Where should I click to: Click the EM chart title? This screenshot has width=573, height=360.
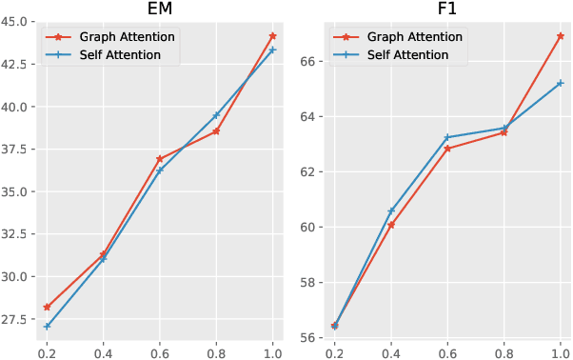click(x=159, y=10)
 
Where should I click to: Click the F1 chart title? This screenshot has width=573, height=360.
click(x=447, y=10)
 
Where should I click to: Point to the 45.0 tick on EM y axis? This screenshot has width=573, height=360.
click(x=16, y=21)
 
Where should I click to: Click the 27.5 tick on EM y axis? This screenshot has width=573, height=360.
click(x=16, y=320)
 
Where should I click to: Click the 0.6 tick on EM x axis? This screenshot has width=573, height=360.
click(x=160, y=351)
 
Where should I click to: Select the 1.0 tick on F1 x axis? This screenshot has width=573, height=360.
click(x=561, y=351)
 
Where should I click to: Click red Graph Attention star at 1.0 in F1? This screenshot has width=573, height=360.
click(x=561, y=35)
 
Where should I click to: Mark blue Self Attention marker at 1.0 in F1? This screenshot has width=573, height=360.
click(x=561, y=83)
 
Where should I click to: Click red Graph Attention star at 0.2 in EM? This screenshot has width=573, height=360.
click(x=47, y=308)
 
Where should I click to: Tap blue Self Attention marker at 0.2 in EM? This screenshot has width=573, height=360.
click(x=47, y=326)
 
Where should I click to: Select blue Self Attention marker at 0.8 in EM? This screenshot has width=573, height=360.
click(x=216, y=115)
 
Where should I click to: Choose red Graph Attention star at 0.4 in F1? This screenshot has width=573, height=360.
click(x=391, y=225)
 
